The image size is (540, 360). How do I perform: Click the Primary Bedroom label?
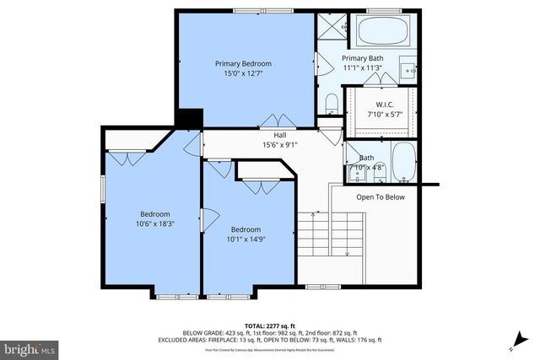(243, 64)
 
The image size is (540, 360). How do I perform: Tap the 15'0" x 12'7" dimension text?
(243, 74)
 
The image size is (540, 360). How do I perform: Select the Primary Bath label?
(362, 58)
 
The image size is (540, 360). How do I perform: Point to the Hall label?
(278, 135)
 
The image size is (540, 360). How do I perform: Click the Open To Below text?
(381, 197)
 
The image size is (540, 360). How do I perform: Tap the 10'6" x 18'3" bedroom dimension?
(155, 224)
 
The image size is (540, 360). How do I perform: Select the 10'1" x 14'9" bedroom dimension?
(246, 239)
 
